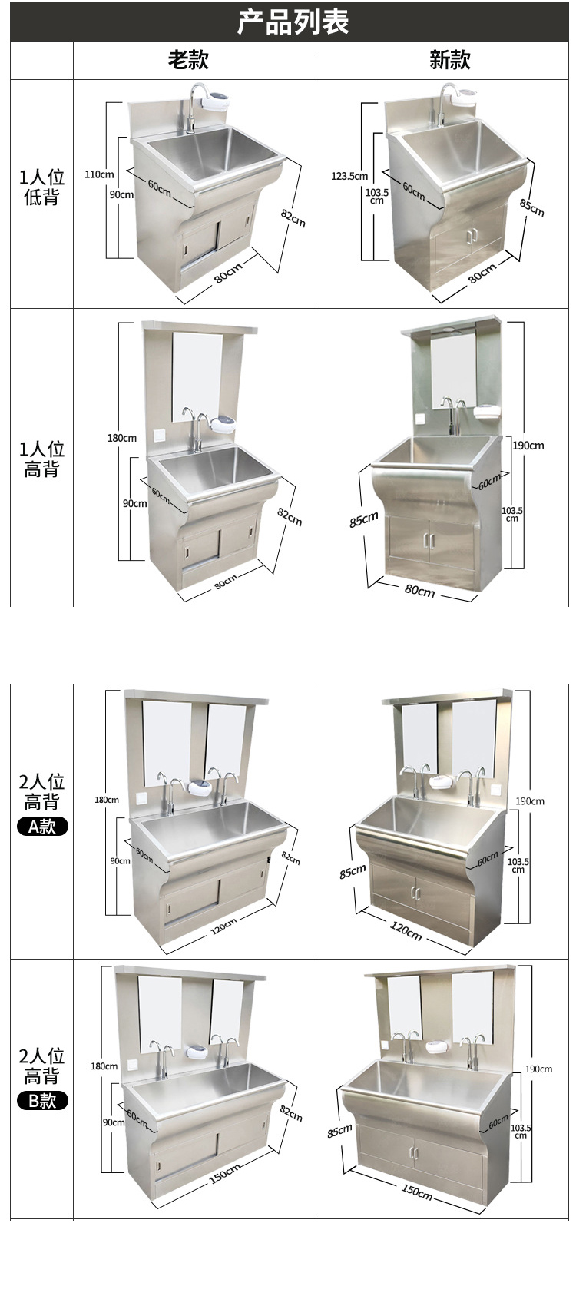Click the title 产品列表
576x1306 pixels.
coord(293,22)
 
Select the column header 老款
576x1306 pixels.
coord(188,60)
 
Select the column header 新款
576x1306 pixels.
coord(449,60)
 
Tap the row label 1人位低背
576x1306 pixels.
coord(41,187)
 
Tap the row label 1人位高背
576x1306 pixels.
coord(41,459)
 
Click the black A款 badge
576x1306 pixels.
coord(42,826)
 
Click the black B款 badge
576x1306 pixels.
coord(42,1100)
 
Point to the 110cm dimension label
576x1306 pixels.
coord(99,174)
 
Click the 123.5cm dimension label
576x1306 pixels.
coord(349,176)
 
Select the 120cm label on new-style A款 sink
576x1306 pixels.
coord(406,931)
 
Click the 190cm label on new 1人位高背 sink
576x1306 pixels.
coord(528,446)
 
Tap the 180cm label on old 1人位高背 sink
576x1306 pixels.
coord(122,438)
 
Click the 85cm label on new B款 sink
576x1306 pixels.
coord(339,1131)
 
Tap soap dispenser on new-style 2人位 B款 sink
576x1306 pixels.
coord(437,1046)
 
